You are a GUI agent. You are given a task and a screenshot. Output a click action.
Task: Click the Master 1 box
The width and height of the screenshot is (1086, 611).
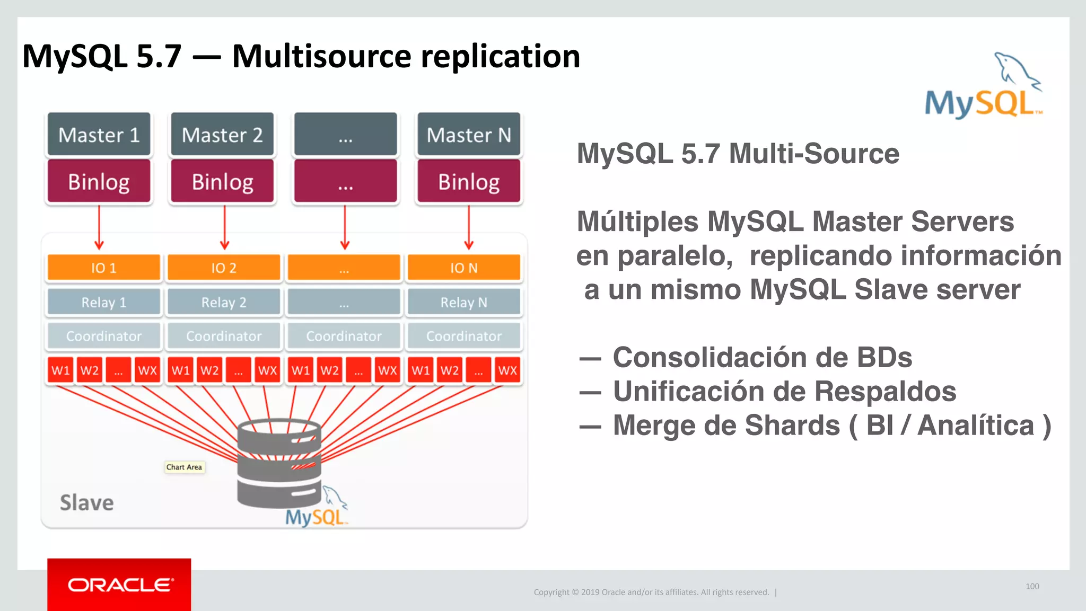99,135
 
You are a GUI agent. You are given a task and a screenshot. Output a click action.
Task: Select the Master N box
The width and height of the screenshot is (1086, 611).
469,135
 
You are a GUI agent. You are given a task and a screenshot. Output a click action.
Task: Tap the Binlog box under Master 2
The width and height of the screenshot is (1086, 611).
222,182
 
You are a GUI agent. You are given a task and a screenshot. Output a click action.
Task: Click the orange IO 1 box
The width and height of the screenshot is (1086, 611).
103,268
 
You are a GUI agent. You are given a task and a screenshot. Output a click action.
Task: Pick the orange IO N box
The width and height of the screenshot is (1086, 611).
464,268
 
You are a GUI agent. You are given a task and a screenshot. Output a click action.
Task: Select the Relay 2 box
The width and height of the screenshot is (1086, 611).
223,302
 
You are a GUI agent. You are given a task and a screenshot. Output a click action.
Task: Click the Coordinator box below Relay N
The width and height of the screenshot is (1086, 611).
464,336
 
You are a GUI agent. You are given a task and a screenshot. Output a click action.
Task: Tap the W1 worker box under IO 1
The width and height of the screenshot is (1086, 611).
60,370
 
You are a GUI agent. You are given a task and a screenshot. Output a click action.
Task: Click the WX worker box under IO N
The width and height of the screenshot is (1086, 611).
507,370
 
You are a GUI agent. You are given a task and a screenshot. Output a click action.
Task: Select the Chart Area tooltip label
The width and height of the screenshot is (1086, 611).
184,467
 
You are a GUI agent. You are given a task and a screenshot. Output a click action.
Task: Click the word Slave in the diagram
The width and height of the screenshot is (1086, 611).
86,502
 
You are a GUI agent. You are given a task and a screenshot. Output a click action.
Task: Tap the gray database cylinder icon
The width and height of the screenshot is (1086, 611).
279,464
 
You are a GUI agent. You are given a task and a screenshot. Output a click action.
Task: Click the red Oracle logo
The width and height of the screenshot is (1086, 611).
119,585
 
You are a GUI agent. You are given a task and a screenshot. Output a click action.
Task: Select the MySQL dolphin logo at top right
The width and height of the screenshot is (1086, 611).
984,87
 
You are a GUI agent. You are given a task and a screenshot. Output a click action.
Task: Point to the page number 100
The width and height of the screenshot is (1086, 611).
1032,586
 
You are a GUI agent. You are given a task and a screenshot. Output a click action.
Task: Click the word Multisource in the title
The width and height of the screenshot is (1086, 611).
321,56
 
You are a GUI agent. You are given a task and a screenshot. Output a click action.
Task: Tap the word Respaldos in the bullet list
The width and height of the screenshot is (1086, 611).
885,392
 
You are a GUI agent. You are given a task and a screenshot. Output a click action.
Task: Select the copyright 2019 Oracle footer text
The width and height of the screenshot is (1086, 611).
651,592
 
